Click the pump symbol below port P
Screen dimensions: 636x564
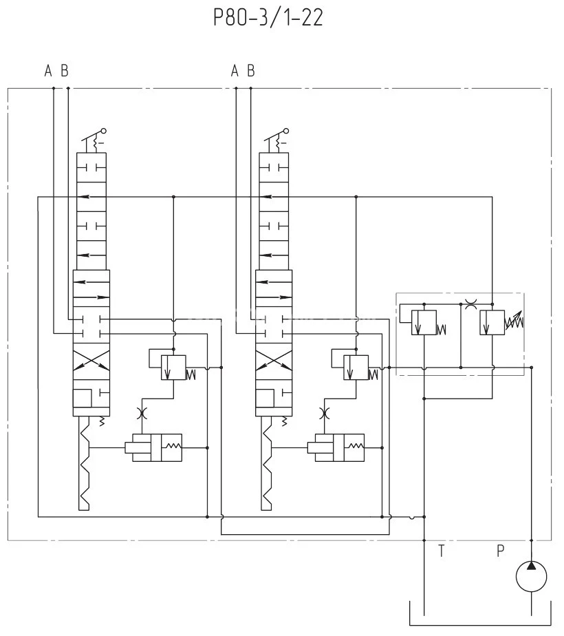tap(531, 575)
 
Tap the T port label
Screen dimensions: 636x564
tap(442, 551)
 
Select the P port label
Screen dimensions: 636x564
tap(501, 551)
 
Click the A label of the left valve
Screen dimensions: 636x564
tap(48, 70)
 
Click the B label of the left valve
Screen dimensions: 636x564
tap(65, 70)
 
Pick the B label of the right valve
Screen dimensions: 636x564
tap(251, 70)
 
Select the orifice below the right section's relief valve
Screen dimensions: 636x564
tap(325, 413)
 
